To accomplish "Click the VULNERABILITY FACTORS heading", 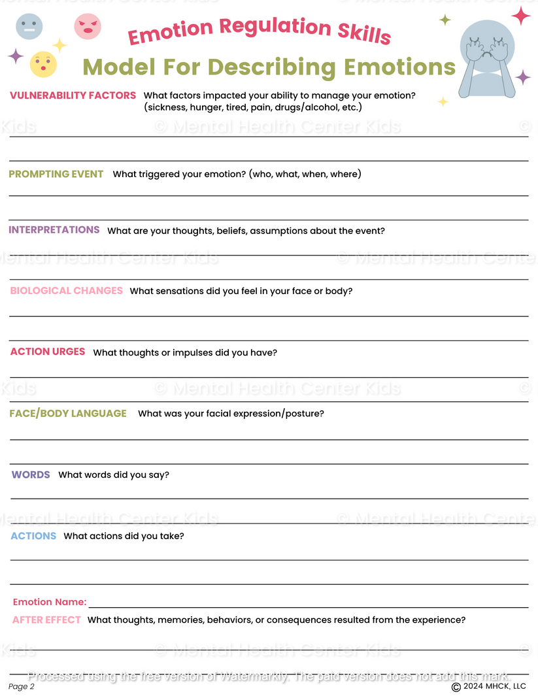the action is click(x=73, y=95).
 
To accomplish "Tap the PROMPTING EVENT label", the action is click(x=56, y=174).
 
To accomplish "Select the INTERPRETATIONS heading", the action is click(x=54, y=230).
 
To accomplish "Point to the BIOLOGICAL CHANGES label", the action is click(x=66, y=291).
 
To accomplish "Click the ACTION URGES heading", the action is click(x=48, y=352).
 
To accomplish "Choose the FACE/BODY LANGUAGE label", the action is click(x=68, y=413).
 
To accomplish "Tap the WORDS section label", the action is click(x=31, y=474).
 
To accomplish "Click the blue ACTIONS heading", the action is click(x=33, y=536).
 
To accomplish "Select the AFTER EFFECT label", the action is click(x=46, y=620).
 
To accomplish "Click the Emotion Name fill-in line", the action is click(x=307, y=605).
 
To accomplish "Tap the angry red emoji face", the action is click(x=88, y=26).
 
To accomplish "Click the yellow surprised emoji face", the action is click(x=43, y=64).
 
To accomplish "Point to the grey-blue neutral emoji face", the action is click(x=29, y=27).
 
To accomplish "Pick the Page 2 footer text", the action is click(x=22, y=686).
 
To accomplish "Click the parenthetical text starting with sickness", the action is click(x=252, y=107).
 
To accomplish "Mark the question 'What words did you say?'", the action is click(x=114, y=475).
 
